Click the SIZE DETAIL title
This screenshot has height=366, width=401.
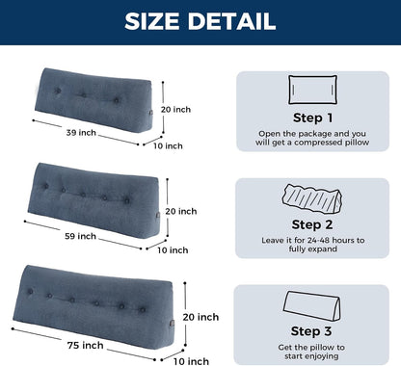pyautogui.click(x=200, y=21)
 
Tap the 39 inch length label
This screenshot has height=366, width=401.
pyautogui.click(x=81, y=132)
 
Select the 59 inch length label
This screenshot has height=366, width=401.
pyautogui.click(x=80, y=236)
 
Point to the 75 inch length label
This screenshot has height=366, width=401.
pyautogui.click(x=85, y=345)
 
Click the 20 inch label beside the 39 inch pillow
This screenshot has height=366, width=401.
pyautogui.click(x=175, y=110)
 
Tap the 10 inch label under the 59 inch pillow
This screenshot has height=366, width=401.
pyautogui.click(x=173, y=250)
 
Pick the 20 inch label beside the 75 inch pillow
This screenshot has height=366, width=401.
pyautogui.click(x=200, y=317)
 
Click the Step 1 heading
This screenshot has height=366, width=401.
pyautogui.click(x=312, y=118)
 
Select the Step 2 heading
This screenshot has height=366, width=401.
pyautogui.click(x=312, y=224)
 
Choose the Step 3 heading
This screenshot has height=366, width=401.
pyautogui.click(x=311, y=331)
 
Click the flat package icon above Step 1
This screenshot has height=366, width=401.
pyautogui.click(x=312, y=90)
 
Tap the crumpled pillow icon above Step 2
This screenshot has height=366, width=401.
pyautogui.click(x=312, y=198)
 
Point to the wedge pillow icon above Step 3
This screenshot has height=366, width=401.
pyautogui.click(x=311, y=306)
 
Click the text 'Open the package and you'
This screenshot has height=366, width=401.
pyautogui.click(x=312, y=133)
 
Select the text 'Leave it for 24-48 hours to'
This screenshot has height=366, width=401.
pyautogui.click(x=313, y=240)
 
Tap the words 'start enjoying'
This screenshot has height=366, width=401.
pyautogui.click(x=311, y=356)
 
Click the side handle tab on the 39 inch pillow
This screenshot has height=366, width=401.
pyautogui.click(x=151, y=113)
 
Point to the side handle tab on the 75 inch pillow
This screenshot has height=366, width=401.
pyautogui.click(x=173, y=323)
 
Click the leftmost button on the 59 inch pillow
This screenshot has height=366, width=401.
pyautogui.click(x=45, y=186)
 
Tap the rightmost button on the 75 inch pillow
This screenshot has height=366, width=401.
pyautogui.click(x=143, y=310)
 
